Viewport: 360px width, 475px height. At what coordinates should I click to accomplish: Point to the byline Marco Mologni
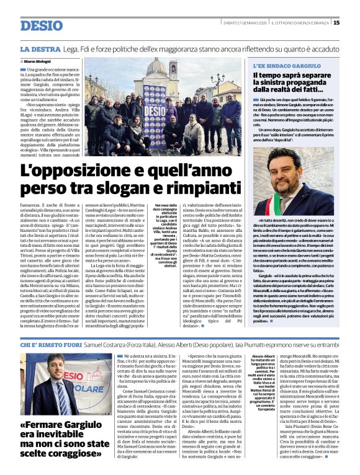point(38,63)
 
